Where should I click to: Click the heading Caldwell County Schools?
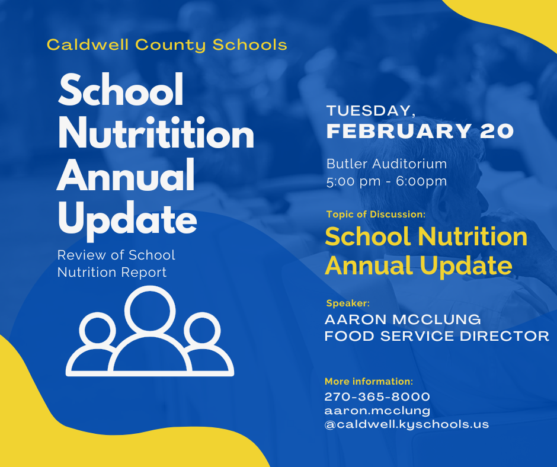167,45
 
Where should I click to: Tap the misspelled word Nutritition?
156,133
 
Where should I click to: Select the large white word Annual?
126,175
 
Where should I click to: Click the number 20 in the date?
497,131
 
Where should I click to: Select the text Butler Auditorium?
386,164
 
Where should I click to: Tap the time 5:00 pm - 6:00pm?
386,181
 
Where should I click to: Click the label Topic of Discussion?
376,215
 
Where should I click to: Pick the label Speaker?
348,303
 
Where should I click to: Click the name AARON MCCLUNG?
403,319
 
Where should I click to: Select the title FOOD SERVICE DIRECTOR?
437,336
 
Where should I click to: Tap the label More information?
369,381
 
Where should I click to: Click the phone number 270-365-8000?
377,396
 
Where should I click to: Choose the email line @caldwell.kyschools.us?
406,424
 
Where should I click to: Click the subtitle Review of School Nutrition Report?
116,264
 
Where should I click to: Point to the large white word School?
121,89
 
